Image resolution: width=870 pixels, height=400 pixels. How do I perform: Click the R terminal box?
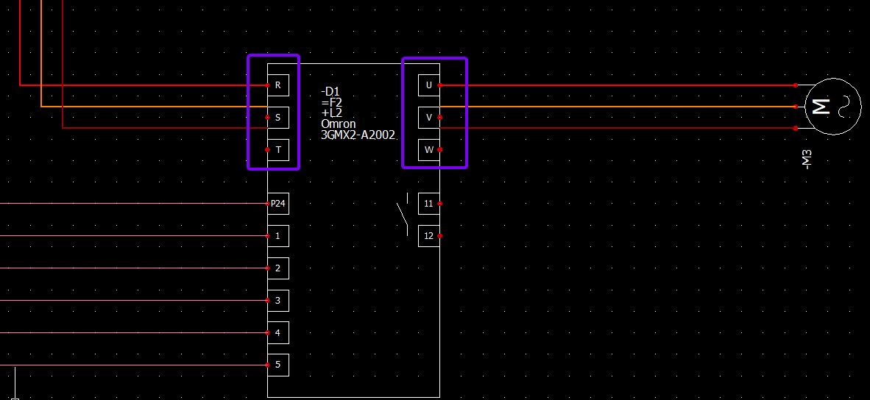coord(277,85)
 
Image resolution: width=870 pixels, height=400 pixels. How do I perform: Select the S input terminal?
coord(277,117)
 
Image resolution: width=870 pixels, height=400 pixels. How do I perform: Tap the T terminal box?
coord(277,150)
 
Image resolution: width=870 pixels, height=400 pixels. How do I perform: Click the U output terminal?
coord(428,85)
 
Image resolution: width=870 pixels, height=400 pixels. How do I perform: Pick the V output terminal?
coord(428,117)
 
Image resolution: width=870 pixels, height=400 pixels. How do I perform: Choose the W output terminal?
coord(428,150)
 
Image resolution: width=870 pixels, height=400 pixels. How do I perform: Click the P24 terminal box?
coord(277,204)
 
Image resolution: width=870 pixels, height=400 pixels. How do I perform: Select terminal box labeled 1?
coord(277,236)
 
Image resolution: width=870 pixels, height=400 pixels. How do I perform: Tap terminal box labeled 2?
coord(277,268)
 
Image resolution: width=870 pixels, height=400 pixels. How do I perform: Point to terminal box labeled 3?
coord(277,301)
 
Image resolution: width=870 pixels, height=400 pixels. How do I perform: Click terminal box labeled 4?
coord(277,332)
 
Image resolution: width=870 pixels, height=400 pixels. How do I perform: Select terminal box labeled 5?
coord(277,365)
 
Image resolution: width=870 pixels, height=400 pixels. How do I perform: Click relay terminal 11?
coord(428,204)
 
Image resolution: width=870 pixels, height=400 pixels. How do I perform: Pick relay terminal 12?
coord(428,236)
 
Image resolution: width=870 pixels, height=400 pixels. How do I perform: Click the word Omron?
coord(338,124)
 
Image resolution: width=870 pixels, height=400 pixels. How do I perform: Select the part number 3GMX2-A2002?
coord(358,135)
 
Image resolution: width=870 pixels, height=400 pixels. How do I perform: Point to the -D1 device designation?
coord(330,92)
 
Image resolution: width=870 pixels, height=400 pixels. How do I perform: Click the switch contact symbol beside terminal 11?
coord(403,215)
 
